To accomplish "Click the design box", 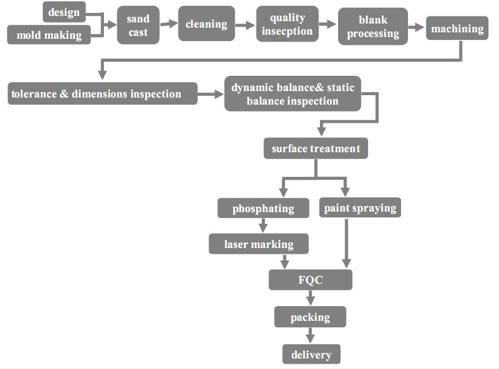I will (64, 12).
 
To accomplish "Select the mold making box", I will (49, 35).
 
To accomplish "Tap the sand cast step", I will (138, 26).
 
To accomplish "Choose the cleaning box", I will (206, 24).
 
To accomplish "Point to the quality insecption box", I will (288, 24).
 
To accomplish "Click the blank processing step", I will (373, 27).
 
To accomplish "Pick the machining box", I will (457, 28).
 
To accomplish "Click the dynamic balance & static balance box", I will (292, 94).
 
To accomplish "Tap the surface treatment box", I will (316, 149).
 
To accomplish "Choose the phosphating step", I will (263, 208).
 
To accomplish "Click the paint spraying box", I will (360, 207).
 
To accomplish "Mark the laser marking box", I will (259, 244).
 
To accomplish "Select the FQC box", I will (310, 280).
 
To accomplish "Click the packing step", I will (310, 317).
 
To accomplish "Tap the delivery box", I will (311, 354).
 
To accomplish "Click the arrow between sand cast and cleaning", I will (169, 24).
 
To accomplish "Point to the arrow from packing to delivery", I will (310, 336).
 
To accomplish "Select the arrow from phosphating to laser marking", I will (263, 226).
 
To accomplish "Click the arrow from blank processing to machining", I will (416, 27).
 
